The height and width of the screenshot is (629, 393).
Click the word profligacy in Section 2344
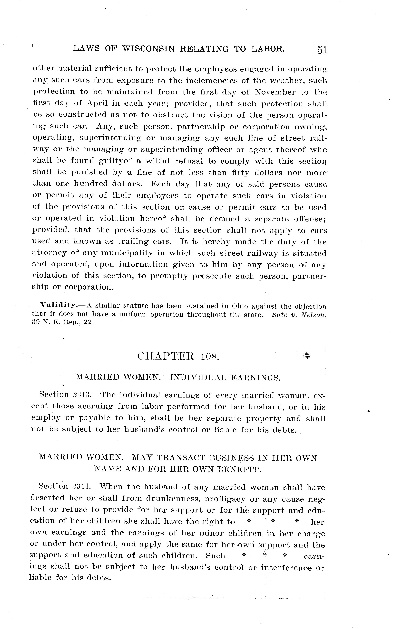coord(225,499)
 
